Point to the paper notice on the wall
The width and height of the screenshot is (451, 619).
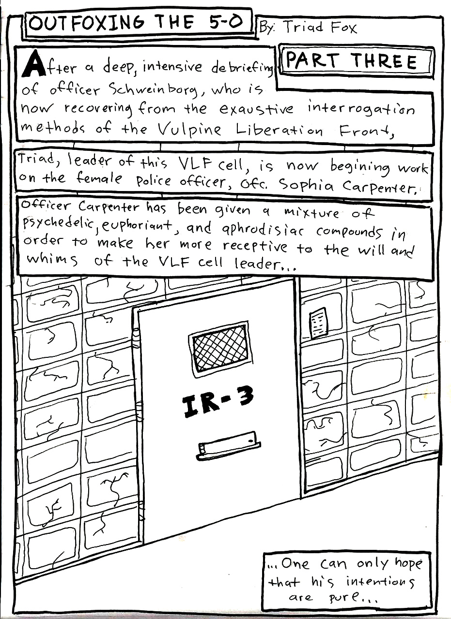click(318, 323)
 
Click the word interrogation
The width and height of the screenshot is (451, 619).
click(360, 109)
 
